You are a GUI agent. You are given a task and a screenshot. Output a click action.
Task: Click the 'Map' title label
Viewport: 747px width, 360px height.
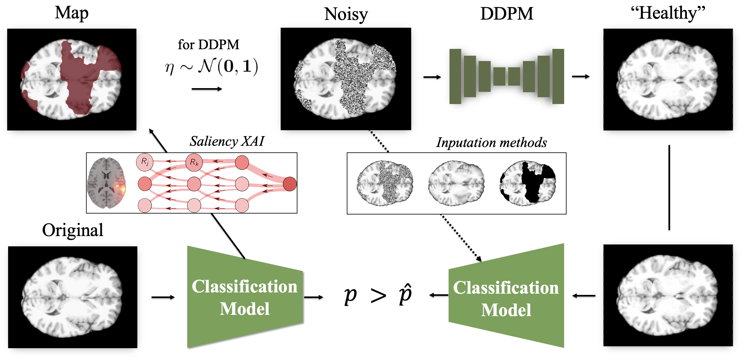click(72, 13)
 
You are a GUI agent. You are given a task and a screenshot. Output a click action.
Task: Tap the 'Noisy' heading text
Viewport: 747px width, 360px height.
click(346, 14)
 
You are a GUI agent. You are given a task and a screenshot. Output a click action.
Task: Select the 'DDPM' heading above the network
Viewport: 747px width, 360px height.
click(507, 14)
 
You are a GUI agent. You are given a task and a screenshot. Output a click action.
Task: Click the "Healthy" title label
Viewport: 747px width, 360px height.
click(668, 13)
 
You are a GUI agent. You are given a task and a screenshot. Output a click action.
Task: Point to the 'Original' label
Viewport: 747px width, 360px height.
click(73, 230)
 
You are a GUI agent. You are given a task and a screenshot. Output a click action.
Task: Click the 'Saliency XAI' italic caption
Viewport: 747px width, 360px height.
click(227, 141)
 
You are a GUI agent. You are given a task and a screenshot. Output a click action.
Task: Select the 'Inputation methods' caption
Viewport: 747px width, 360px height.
click(491, 143)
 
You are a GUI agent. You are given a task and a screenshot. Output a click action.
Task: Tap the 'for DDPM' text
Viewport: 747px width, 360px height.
click(208, 45)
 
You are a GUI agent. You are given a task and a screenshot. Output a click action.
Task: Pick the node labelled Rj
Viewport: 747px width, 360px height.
click(145, 162)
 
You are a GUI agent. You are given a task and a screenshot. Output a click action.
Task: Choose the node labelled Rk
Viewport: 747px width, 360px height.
click(194, 162)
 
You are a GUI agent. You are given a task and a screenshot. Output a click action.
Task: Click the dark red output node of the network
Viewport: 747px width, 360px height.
click(290, 184)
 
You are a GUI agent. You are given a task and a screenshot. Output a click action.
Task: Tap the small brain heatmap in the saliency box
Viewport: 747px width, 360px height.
click(107, 183)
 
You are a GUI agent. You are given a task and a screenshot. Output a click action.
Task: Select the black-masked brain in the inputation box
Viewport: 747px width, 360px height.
click(528, 183)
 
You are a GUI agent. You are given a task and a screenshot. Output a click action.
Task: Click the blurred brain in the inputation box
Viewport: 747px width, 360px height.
click(456, 183)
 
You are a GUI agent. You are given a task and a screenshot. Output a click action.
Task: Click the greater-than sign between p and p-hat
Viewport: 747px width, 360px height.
click(378, 296)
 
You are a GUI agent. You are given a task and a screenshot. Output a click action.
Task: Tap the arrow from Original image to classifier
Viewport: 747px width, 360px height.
click(163, 297)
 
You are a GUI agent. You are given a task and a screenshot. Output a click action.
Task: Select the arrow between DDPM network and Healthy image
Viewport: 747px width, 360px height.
click(581, 77)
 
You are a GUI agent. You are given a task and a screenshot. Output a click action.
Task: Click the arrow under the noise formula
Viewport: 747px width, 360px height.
click(207, 89)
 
